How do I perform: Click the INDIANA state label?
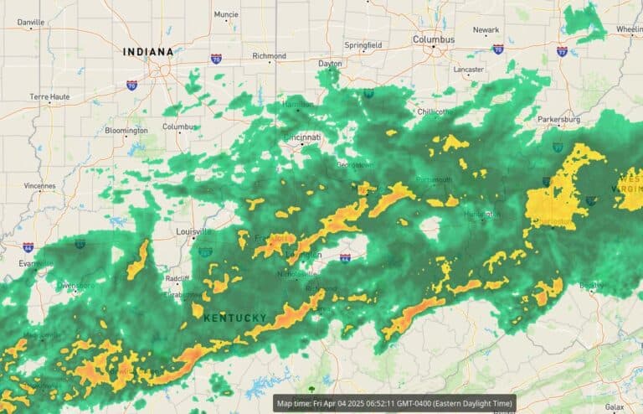[x=148, y=52]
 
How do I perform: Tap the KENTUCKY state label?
[x=235, y=318]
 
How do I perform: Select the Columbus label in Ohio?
[x=434, y=39]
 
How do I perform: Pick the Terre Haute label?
[x=50, y=97]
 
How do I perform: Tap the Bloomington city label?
[x=126, y=130]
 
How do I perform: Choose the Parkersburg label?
[x=558, y=120]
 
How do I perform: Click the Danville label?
[x=30, y=22]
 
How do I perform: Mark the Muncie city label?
[x=226, y=14]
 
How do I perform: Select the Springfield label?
[x=363, y=44]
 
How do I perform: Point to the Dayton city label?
[x=331, y=64]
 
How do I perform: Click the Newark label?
[x=486, y=30]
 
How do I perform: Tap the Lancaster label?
[x=468, y=70]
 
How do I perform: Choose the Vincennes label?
[x=39, y=185]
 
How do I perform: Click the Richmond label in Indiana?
[x=269, y=56]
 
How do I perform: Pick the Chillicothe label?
[x=437, y=111]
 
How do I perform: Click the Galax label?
[x=615, y=406]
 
